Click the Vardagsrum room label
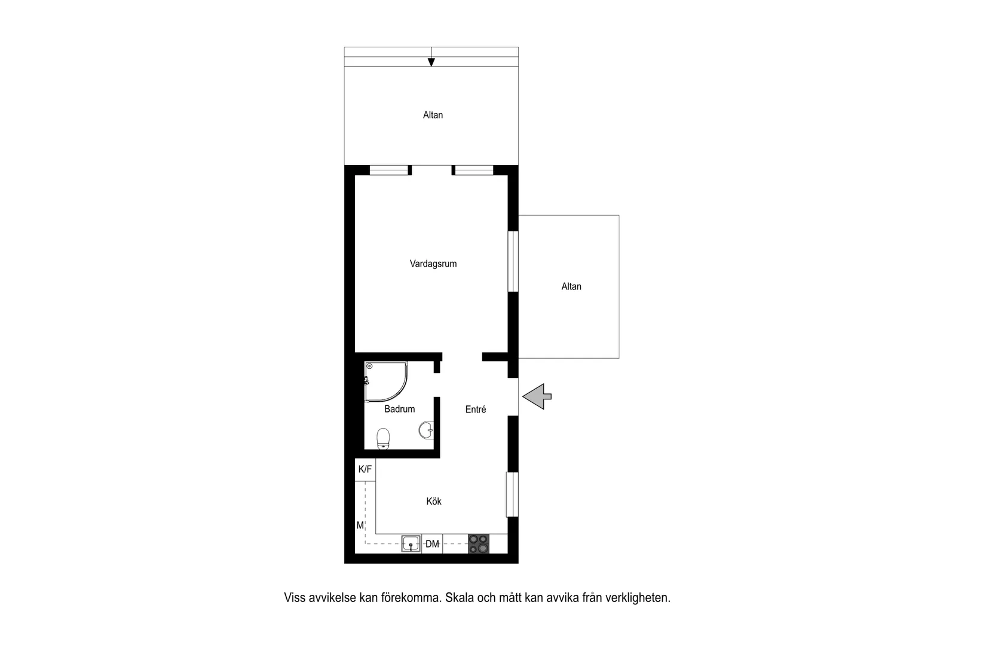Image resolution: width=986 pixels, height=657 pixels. click(x=433, y=264)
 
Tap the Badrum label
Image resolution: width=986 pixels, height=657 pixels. click(x=399, y=409)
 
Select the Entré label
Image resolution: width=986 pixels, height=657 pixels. click(x=476, y=410)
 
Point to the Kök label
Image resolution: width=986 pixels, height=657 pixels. click(x=434, y=501)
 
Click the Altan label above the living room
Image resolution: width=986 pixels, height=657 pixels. click(x=433, y=115)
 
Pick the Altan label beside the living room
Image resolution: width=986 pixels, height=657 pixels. click(x=571, y=286)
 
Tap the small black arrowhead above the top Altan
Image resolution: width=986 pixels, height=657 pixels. click(x=431, y=62)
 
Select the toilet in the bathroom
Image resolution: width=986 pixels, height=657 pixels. click(x=384, y=438)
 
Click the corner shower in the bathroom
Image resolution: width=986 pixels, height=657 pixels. click(x=384, y=380)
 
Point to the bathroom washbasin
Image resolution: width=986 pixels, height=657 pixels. click(x=426, y=430)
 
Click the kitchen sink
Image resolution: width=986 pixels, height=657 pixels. click(x=411, y=543)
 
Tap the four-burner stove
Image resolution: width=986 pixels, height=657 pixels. click(x=478, y=543)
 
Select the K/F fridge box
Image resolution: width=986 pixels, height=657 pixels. click(x=365, y=469)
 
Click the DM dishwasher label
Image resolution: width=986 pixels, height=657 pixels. click(x=432, y=544)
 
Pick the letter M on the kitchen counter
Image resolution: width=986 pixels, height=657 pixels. click(x=360, y=525)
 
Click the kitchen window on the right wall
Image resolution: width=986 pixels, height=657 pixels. click(x=512, y=494)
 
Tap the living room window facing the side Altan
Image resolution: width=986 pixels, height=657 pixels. click(x=513, y=261)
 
